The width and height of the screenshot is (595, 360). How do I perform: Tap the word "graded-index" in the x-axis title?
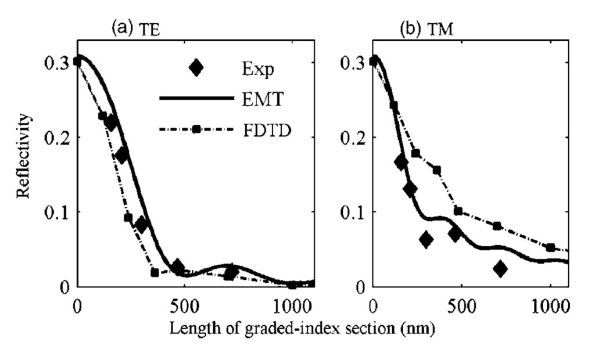(x=284, y=328)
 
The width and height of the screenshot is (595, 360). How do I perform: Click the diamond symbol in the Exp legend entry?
(x=196, y=68)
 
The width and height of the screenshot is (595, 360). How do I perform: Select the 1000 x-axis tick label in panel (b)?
(x=550, y=306)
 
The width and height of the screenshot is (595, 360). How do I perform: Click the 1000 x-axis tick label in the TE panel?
(x=292, y=306)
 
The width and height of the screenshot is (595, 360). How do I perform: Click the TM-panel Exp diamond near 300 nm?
(x=426, y=239)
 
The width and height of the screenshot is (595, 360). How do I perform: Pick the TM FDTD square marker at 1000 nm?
(x=550, y=247)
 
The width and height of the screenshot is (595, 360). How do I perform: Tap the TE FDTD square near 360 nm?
(x=155, y=272)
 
